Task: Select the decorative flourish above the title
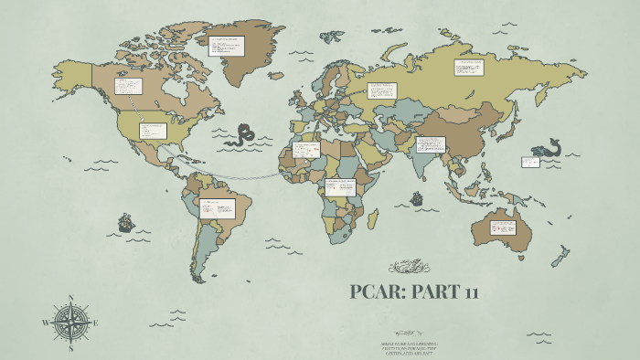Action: pyautogui.click(x=409, y=267)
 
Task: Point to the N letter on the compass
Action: pyautogui.click(x=70, y=298)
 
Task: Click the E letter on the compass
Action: pyautogui.click(x=94, y=323)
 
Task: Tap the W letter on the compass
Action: pyautogui.click(x=45, y=323)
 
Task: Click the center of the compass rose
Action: pyautogui.click(x=70, y=323)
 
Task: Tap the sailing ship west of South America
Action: pyautogui.click(x=125, y=222)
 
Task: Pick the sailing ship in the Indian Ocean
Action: pyautogui.click(x=417, y=197)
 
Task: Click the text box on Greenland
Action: pyautogui.click(x=226, y=46)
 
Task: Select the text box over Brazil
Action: pyautogui.click(x=218, y=208)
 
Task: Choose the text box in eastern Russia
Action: pyautogui.click(x=469, y=68)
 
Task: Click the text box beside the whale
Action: pyautogui.click(x=530, y=162)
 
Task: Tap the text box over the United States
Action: pyautogui.click(x=152, y=131)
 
